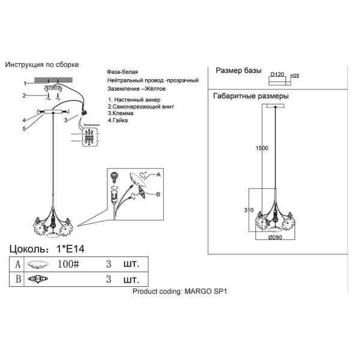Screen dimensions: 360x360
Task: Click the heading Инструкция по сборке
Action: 42,65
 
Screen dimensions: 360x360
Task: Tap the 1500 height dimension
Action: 262,148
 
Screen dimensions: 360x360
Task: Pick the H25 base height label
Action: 295,76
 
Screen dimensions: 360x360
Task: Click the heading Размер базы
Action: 238,71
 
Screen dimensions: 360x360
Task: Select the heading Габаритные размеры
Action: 251,96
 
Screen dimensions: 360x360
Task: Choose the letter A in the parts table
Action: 17,263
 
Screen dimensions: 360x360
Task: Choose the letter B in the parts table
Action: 17,279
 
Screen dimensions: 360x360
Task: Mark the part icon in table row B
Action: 39,279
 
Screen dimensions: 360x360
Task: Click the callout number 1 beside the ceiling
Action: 25,83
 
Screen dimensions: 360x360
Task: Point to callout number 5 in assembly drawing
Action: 25,128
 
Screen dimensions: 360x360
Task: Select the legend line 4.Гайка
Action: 121,120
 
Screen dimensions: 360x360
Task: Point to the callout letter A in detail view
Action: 159,175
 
